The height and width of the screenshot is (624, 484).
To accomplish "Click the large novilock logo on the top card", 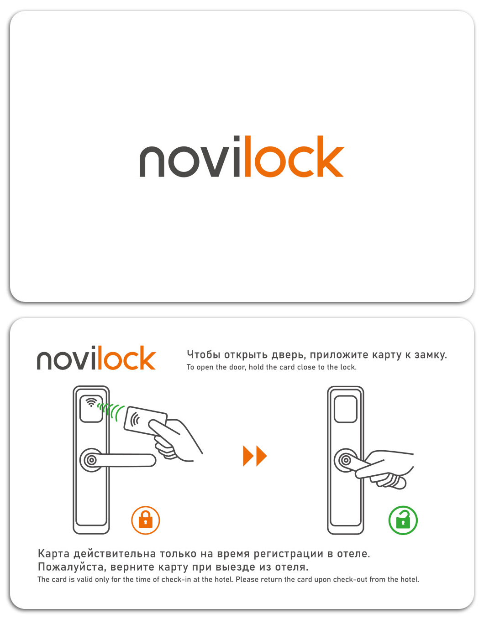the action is point(242,156).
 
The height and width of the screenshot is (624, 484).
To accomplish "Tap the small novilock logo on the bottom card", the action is point(96,358).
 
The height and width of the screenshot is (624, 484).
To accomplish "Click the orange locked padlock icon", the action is point(146,520).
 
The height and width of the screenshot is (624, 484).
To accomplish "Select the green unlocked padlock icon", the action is point(403,520).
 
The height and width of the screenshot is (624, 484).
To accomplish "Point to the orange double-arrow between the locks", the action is point(255,456).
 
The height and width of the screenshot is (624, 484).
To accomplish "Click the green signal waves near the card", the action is point(110,411).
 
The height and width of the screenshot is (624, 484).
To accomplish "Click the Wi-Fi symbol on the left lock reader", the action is point(91,402).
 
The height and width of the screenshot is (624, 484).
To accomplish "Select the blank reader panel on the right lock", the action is point(346,409).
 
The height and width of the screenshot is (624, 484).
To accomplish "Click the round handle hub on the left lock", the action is point(91,460).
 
